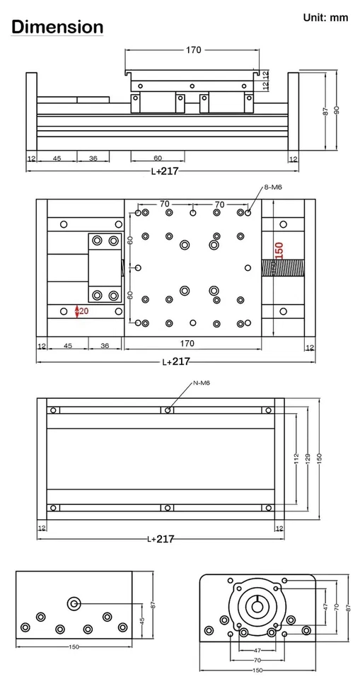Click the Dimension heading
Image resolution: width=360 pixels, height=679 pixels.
57,28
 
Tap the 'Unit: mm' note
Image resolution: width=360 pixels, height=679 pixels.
325,18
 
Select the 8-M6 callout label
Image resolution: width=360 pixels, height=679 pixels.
273,187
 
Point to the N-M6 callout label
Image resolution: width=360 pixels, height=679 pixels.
202,383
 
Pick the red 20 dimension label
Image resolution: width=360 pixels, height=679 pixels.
83,311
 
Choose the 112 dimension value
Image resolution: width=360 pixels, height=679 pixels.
296,459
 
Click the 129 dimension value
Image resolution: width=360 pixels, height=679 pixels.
307,459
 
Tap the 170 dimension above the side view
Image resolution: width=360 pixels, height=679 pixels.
193,50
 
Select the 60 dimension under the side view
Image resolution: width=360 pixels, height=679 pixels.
158,158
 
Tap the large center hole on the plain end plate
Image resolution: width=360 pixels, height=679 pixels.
74,603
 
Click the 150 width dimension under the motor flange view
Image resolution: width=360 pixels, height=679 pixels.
257,670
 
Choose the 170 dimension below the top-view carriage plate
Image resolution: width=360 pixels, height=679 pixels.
187,344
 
